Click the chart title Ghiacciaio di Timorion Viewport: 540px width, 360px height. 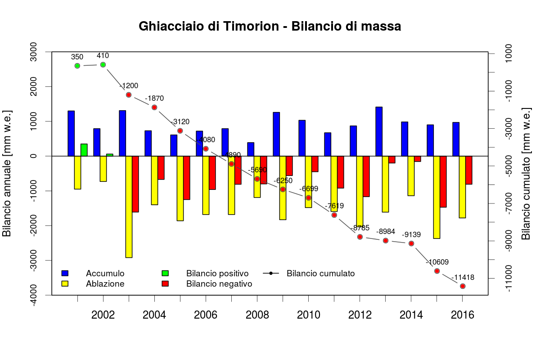coord(270,27)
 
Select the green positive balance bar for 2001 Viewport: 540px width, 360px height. coord(84,150)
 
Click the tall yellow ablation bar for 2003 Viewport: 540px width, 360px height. coord(129,207)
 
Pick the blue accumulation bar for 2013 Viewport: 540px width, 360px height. coord(379,131)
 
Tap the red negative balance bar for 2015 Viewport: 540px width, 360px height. coord(443,181)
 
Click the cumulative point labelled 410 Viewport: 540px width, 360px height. coord(103,65)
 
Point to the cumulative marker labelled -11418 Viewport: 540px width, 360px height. coord(463,286)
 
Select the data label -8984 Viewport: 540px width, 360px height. coord(386,231)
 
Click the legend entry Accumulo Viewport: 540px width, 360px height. coord(105,274)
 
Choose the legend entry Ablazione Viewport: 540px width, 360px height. coord(105,284)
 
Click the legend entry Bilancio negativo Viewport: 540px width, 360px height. coord(219,284)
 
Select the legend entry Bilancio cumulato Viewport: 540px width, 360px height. coord(320,274)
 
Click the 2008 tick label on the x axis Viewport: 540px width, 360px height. coord(257,315)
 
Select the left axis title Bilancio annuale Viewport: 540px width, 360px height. coord(7,173)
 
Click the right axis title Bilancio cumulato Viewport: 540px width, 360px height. coord(526,173)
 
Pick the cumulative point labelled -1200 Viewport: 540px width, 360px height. coord(129,95)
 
